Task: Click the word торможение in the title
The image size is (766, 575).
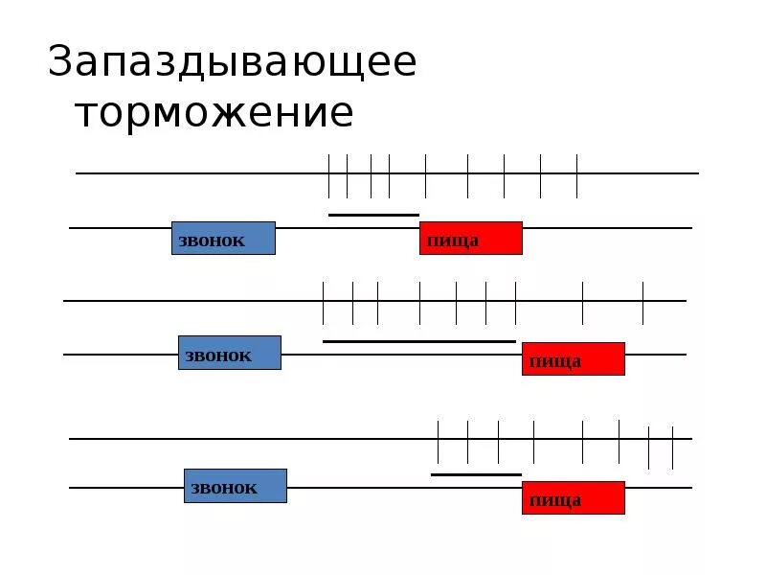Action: (214, 113)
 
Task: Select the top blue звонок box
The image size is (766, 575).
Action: (223, 239)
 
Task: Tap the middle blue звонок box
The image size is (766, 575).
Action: (230, 353)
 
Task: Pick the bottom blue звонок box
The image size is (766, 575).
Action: (236, 486)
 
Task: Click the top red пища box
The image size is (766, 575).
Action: (471, 239)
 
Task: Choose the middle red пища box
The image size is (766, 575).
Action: (573, 359)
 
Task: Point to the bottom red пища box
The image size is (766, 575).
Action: (573, 498)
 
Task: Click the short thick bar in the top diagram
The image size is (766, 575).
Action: (373, 215)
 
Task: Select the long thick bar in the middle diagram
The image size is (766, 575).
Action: (419, 341)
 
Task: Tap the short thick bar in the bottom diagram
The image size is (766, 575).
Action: (476, 474)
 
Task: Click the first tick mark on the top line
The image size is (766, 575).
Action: (328, 174)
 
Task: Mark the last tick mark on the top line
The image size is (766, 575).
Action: (576, 174)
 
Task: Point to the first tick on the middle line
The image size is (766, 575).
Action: (324, 302)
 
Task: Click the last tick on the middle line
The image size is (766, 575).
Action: (642, 302)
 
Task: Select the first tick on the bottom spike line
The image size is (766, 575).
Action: (438, 441)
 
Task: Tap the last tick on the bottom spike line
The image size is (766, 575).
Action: (673, 447)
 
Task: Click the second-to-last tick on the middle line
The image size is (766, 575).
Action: (583, 302)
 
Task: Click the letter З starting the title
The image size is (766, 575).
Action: (62, 61)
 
